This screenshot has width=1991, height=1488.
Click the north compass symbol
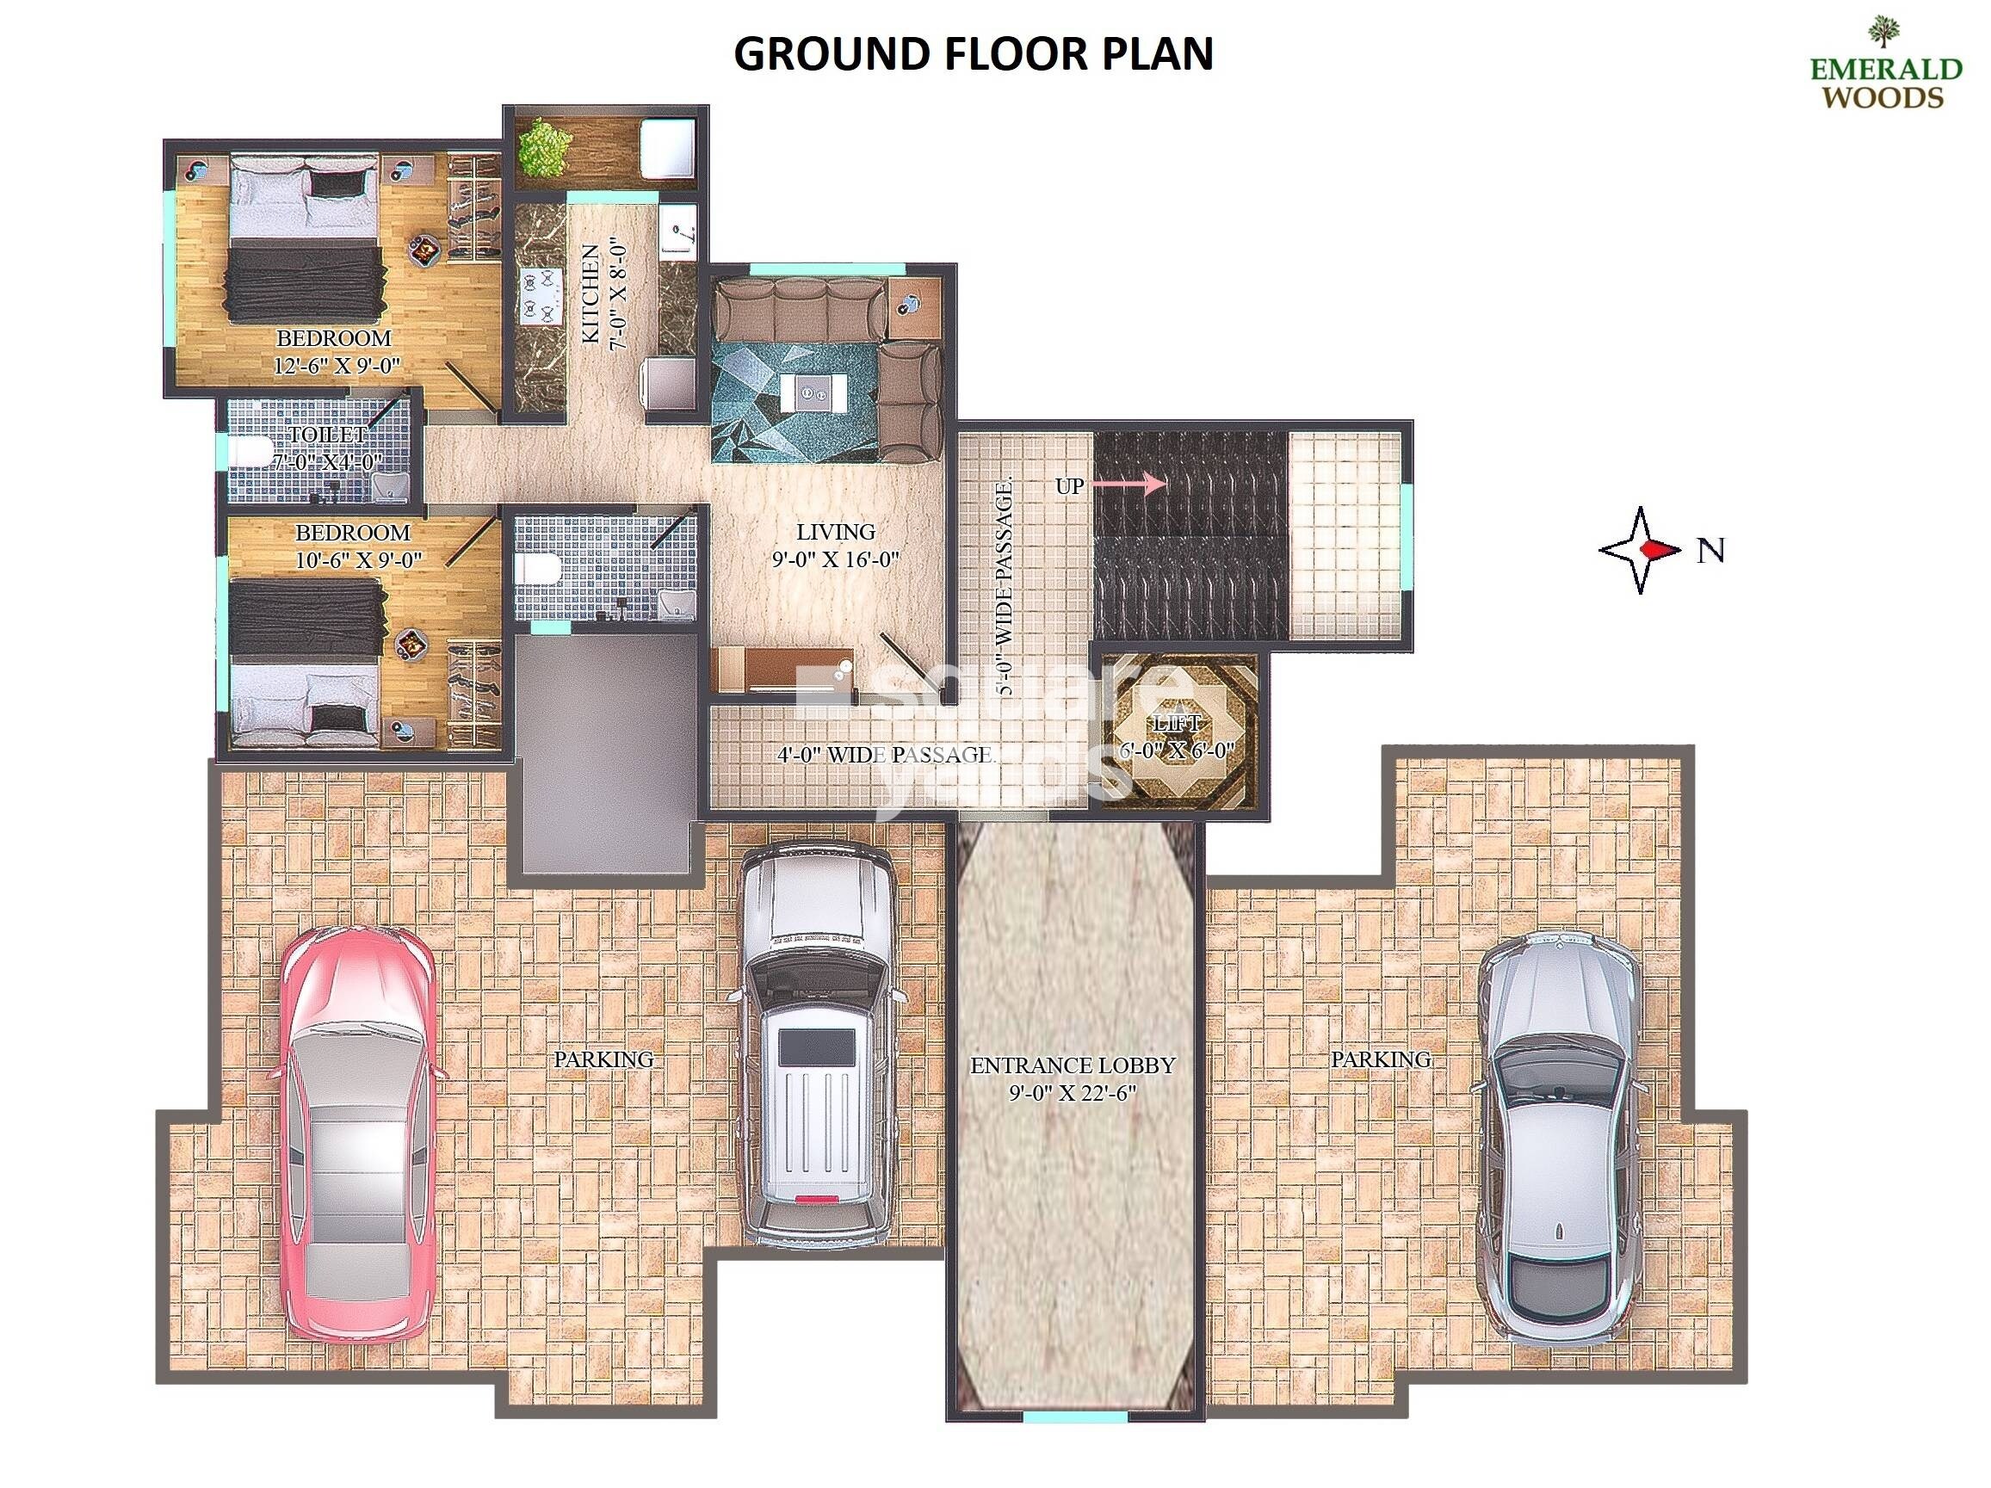click(1640, 550)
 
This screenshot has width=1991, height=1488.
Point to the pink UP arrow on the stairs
click(1144, 485)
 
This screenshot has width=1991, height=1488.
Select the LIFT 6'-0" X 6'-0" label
click(1177, 736)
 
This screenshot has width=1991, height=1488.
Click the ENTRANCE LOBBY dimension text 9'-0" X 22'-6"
click(1072, 1093)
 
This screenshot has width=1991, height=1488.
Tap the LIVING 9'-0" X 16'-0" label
click(835, 545)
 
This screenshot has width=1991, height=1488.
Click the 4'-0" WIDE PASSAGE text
click(886, 754)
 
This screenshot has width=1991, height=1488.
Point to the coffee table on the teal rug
click(813, 392)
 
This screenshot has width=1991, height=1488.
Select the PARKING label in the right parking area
click(1381, 1059)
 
